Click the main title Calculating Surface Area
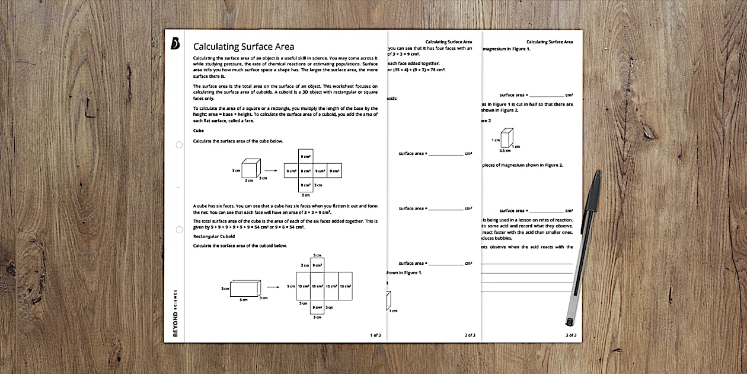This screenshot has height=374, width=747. [x=244, y=47]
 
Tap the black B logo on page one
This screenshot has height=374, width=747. [x=175, y=45]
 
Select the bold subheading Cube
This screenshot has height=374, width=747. [x=199, y=130]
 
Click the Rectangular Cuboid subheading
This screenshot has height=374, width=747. [x=214, y=236]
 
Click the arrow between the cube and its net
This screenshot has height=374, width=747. [x=271, y=171]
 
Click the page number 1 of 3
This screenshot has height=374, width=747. [x=375, y=335]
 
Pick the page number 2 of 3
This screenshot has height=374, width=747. [x=470, y=335]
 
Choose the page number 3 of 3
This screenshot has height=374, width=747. [x=570, y=335]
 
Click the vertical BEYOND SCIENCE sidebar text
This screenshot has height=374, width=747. [x=175, y=312]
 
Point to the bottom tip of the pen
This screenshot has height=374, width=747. [x=569, y=324]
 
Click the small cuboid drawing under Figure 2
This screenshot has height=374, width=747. [x=507, y=137]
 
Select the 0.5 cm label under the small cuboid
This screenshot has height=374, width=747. [x=505, y=151]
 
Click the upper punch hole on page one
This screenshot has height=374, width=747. [x=179, y=145]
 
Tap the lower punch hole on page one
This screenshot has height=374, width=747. [x=179, y=229]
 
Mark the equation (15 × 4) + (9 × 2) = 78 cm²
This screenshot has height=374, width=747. [x=416, y=70]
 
